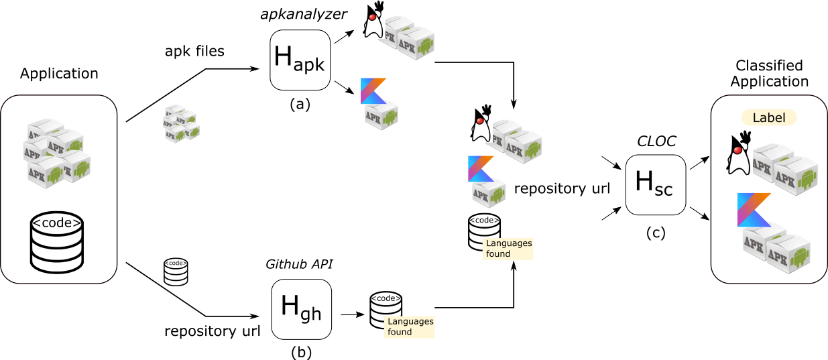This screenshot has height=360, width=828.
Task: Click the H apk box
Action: click(x=300, y=60)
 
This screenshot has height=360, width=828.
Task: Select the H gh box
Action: click(x=301, y=309)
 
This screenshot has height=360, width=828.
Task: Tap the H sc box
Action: click(x=655, y=184)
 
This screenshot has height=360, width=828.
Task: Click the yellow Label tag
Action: click(x=768, y=117)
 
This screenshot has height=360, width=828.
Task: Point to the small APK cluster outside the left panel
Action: click(x=182, y=123)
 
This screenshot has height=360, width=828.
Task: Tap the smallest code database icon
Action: click(x=176, y=272)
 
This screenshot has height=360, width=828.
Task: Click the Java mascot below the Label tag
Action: click(x=739, y=153)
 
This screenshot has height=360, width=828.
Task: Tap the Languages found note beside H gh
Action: click(x=410, y=326)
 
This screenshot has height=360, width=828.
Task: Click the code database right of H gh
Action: click(x=386, y=309)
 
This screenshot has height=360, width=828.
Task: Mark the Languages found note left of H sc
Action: click(x=508, y=248)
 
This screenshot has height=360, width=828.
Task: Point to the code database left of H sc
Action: click(x=484, y=231)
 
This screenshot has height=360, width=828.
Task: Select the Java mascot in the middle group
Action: click(x=480, y=123)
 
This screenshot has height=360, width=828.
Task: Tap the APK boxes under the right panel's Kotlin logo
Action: click(x=776, y=250)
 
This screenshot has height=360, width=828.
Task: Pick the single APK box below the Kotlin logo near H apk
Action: click(x=381, y=115)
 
